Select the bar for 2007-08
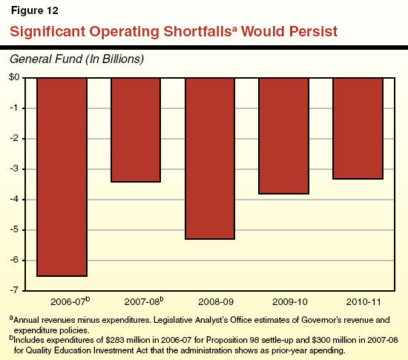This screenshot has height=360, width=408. (136, 130)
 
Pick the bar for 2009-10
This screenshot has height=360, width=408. (283, 136)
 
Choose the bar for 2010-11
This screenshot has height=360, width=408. (358, 128)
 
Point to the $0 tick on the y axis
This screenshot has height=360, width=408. (14, 78)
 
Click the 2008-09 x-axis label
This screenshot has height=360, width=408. (210, 303)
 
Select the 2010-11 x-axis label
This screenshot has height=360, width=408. (358, 303)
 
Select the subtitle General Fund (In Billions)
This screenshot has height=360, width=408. (74, 58)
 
